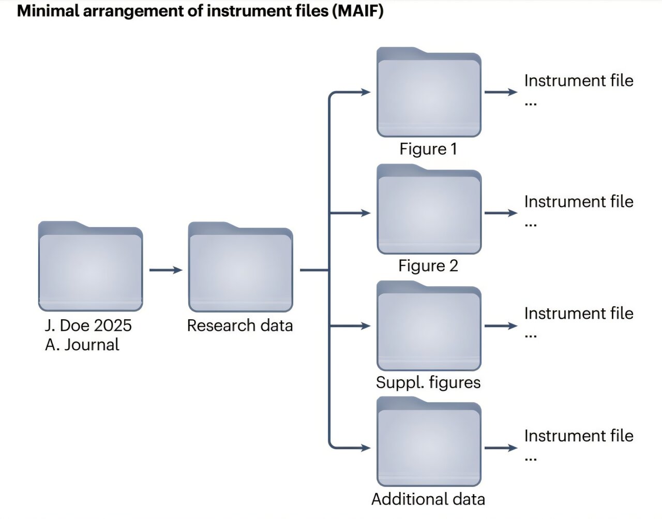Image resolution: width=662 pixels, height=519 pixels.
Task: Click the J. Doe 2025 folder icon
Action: pos(91,266)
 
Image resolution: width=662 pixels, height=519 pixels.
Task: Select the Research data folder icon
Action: pos(240,266)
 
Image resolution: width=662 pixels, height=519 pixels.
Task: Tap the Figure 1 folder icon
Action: pos(429,92)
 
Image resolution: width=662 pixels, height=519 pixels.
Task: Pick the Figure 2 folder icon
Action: pos(429,209)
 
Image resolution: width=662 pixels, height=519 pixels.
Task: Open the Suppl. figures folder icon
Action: pos(429,325)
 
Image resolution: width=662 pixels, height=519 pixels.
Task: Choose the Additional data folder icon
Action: pos(429,441)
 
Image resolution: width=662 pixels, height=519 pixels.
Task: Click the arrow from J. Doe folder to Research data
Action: pos(165,270)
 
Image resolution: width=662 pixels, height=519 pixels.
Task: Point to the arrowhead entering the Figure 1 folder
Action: pos(366,92)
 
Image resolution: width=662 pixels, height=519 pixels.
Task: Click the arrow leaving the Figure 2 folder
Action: pos(501,213)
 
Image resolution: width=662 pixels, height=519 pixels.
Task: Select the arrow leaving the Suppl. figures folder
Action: pos(501,326)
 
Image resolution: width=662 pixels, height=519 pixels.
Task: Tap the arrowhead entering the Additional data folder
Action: pos(366,448)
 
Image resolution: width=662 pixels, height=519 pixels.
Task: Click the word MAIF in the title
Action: pos(358,11)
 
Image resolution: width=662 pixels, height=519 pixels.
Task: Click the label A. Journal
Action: pos(82,345)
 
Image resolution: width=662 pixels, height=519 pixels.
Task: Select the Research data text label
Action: pos(240,325)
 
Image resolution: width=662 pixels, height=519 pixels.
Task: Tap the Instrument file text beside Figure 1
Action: pos(579,81)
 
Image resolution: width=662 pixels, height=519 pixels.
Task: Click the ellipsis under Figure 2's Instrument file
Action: pos(531,225)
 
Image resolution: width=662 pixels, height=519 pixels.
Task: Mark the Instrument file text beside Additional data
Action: pos(579,436)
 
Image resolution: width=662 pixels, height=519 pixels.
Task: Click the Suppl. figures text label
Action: pos(428,383)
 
